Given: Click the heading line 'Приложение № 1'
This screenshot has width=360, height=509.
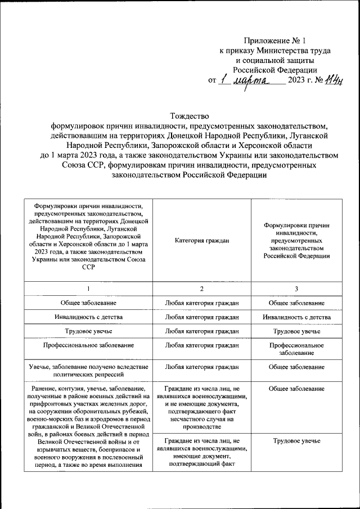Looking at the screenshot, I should click(274, 40).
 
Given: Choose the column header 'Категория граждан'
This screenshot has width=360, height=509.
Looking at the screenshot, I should click(202, 240).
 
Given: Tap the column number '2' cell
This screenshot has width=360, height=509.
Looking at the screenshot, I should click(202, 289).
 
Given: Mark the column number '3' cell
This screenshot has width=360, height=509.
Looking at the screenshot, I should click(296, 289).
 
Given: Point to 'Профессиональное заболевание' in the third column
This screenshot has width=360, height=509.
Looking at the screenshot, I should click(296, 349).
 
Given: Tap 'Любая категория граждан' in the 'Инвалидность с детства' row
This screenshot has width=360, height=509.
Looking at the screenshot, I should click(202, 317).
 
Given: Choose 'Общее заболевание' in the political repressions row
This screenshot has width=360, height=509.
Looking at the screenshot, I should click(296, 367).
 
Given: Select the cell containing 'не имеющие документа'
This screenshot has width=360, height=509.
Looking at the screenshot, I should click(202, 408).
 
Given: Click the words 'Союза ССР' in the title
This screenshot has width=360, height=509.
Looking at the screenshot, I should click(83, 166).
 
